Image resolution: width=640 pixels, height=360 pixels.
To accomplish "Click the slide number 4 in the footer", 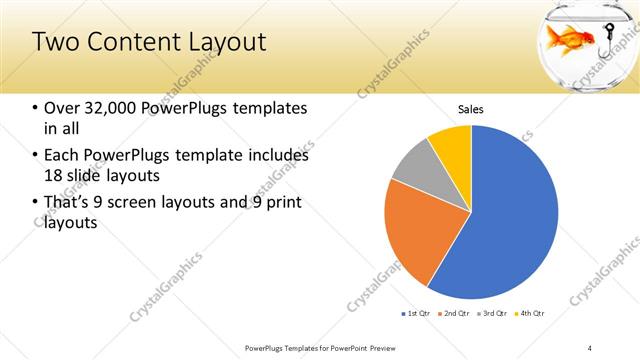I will point(590,347).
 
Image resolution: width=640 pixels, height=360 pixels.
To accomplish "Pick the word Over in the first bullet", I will point(61,108).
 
